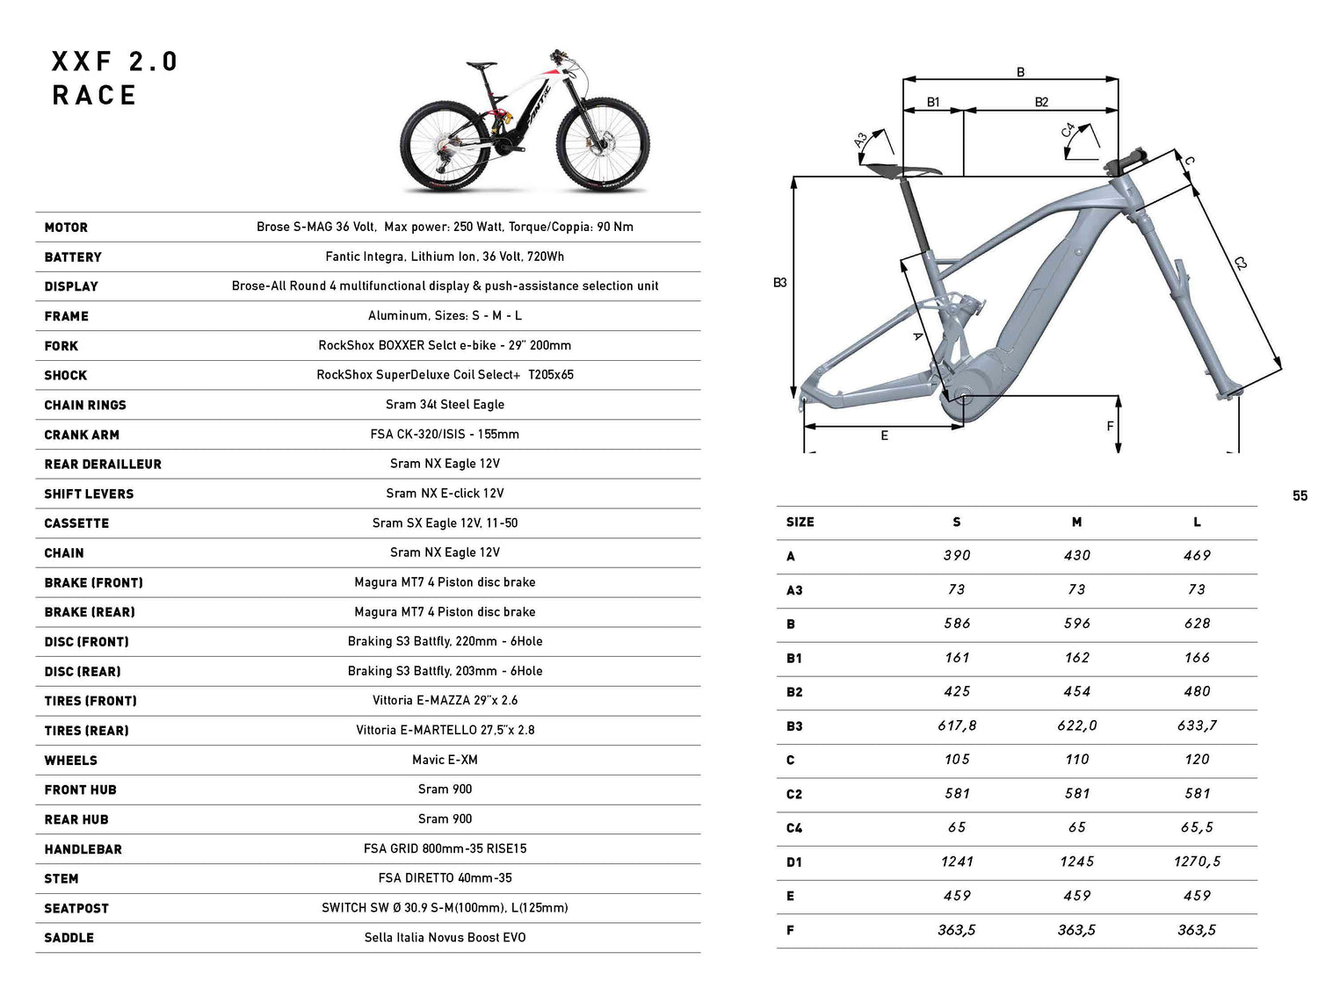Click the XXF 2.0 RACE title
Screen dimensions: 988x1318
tap(114, 78)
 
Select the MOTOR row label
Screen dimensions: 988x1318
tap(66, 227)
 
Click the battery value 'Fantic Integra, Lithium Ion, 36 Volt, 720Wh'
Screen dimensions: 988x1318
tap(445, 256)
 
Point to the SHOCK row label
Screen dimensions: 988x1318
tap(66, 375)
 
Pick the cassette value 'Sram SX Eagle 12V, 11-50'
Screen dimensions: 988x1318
tap(445, 523)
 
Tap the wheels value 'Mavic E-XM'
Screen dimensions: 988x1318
tap(445, 760)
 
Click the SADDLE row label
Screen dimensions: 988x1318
tap(69, 938)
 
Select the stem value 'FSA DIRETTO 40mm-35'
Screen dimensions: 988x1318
tap(445, 878)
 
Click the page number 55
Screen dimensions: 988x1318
tap(1300, 496)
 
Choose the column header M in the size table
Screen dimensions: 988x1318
tap(1076, 523)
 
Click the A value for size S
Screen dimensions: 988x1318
tap(957, 556)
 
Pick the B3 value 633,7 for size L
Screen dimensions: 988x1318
tap(1197, 725)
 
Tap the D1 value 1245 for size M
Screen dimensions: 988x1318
tap(1076, 862)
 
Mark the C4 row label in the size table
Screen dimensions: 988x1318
tap(794, 828)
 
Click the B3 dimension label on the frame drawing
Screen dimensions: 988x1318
tap(779, 283)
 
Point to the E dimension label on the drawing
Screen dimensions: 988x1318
tap(884, 436)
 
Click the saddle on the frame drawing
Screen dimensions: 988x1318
tap(902, 169)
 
